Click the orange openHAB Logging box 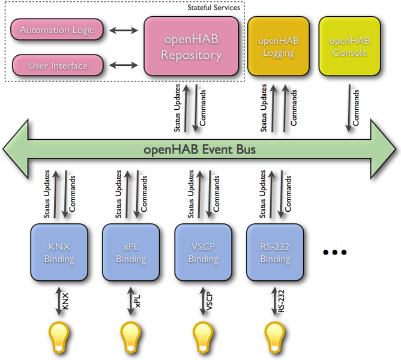[279, 46]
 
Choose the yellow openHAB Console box [348, 46]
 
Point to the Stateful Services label [213, 8]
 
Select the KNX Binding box [59, 253]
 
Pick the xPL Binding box [131, 253]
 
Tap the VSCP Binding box [203, 253]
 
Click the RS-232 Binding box [275, 253]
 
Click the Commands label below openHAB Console [357, 107]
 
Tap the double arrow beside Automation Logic [124, 29]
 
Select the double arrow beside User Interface [124, 65]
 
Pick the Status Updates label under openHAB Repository [178, 107]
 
